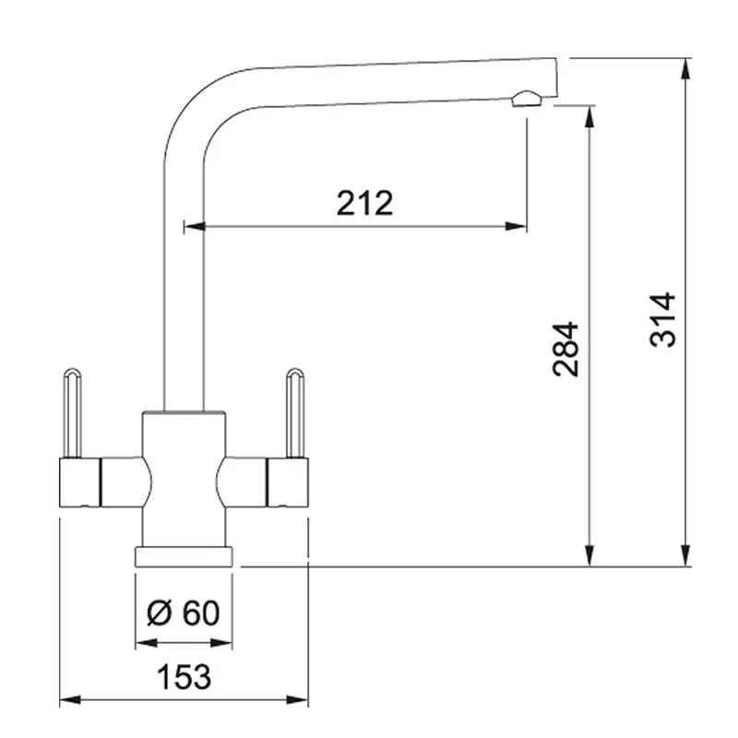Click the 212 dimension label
(x=364, y=203)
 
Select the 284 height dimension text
(x=565, y=349)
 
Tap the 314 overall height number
(x=662, y=320)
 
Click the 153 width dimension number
(x=183, y=677)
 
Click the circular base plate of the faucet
(x=184, y=556)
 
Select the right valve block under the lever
(x=287, y=482)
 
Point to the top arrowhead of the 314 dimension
(x=685, y=66)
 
